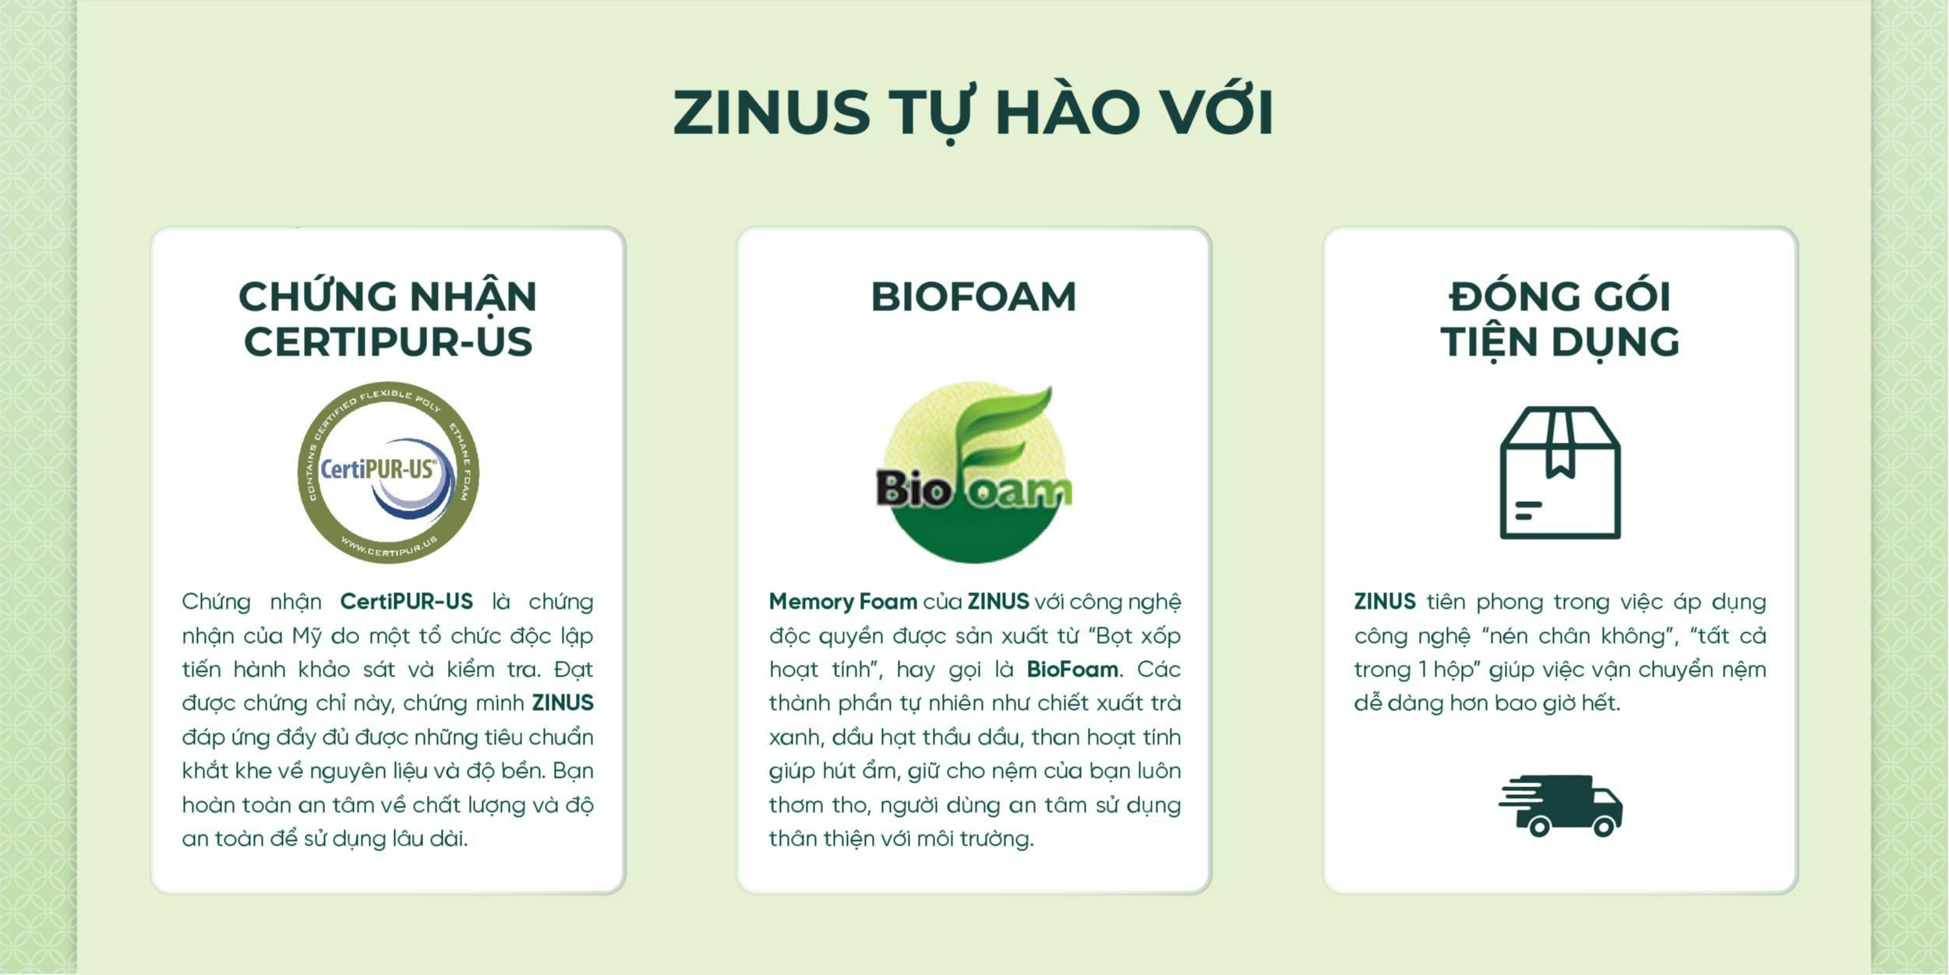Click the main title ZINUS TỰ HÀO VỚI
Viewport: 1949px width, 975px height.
tap(973, 113)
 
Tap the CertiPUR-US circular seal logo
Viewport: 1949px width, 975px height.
tap(388, 472)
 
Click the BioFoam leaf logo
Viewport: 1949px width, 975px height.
tap(974, 472)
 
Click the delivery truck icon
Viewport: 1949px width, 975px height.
tap(1560, 805)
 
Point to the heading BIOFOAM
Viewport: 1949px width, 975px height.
tap(973, 297)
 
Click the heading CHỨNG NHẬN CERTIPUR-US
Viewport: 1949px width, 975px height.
tap(388, 319)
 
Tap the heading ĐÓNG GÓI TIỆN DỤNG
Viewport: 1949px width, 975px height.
tap(1560, 319)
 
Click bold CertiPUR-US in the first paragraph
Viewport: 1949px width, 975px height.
tap(406, 602)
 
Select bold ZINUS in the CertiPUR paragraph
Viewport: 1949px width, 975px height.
tap(562, 703)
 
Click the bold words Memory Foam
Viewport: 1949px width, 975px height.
tap(842, 602)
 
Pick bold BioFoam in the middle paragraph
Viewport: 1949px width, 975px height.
tap(1072, 669)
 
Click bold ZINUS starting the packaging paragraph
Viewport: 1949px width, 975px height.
tap(1384, 602)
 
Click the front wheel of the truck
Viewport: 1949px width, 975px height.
tap(1604, 826)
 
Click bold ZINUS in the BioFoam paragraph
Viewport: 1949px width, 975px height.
tap(997, 602)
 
